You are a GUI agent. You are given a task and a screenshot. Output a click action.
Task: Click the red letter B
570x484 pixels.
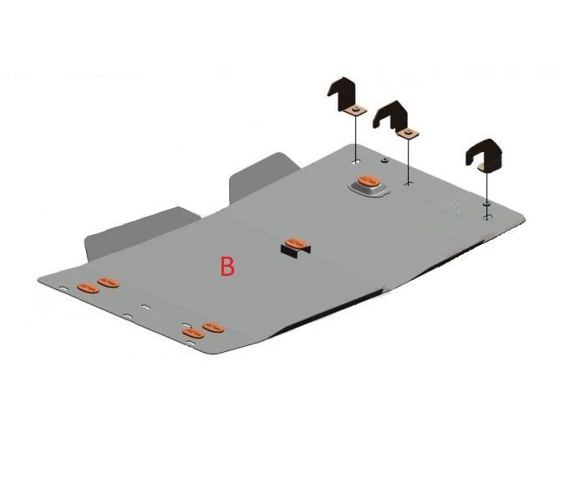click(x=227, y=266)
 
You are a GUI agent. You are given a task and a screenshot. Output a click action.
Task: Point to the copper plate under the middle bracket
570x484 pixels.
click(x=408, y=133)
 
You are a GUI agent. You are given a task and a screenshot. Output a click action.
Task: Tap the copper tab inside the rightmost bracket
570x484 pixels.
click(x=482, y=167)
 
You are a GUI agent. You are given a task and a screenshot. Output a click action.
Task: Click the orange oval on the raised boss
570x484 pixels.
click(x=369, y=181)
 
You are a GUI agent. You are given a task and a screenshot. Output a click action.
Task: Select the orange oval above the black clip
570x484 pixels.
click(x=296, y=243)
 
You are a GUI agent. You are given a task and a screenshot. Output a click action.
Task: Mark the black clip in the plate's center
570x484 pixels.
click(x=296, y=251)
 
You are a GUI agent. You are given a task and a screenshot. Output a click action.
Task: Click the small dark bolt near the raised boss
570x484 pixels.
click(x=384, y=160)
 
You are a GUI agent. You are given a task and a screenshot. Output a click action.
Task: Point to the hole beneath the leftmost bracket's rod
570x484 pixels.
click(x=356, y=161)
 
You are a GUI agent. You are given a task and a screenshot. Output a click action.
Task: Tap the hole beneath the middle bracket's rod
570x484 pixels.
click(x=409, y=184)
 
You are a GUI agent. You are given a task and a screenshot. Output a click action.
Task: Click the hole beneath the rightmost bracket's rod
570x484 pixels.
click(x=487, y=217)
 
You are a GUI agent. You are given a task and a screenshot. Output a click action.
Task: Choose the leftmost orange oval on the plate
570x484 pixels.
click(x=88, y=288)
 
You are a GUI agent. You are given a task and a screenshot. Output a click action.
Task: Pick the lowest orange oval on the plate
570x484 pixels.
click(x=193, y=333)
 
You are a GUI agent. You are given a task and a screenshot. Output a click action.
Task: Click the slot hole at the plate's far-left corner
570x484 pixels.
click(x=64, y=288)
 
